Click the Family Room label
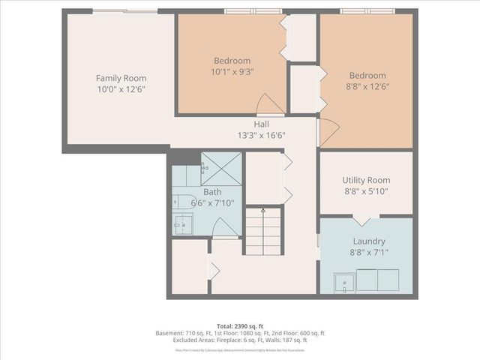[x=121, y=78]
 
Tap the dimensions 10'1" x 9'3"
[x=232, y=71]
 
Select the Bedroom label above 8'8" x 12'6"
[x=367, y=75]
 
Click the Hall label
[x=261, y=124]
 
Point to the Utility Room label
[x=366, y=180]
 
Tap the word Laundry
[x=368, y=241]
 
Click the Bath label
[x=202, y=192]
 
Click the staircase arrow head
[x=262, y=211]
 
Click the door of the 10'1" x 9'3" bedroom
[x=267, y=105]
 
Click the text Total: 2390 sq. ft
[x=239, y=325]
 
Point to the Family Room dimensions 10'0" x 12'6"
[x=121, y=89]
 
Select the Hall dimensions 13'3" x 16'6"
[x=261, y=136]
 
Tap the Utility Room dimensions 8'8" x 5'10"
[x=366, y=191]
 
